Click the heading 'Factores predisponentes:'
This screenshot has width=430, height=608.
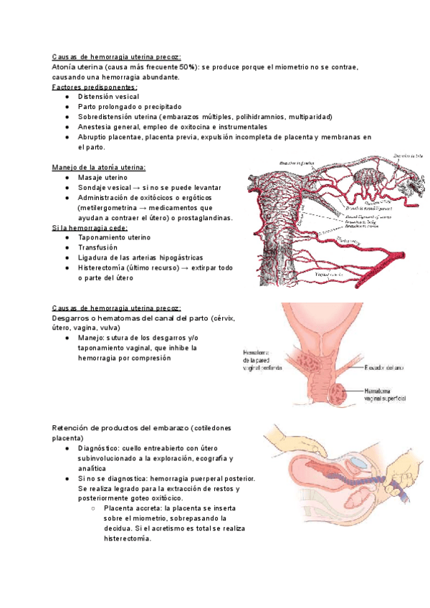coord(95,87)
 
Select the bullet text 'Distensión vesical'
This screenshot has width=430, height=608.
coord(109,96)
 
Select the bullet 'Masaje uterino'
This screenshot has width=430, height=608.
coord(103,177)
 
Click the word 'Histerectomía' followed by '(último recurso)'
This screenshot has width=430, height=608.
coord(108,267)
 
